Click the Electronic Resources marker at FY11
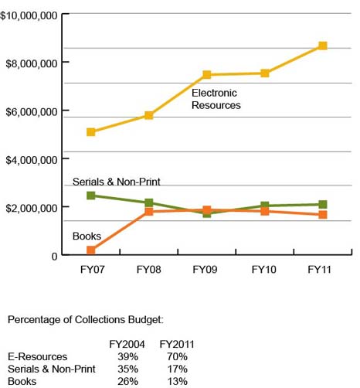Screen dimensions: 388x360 (322, 46)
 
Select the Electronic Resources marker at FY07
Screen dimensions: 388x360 (91, 132)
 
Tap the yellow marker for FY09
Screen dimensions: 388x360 (207, 75)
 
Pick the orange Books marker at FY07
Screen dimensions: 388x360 (91, 250)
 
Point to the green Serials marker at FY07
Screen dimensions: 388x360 (91, 196)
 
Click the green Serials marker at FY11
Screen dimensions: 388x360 (322, 205)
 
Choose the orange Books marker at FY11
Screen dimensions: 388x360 (322, 215)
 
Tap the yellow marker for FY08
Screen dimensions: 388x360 (149, 115)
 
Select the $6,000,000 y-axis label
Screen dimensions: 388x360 (32, 112)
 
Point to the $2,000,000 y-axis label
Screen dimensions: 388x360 (32, 208)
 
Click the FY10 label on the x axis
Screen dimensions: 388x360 (265, 270)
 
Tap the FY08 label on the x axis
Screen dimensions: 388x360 (149, 270)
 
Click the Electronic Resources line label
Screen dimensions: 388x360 (216, 99)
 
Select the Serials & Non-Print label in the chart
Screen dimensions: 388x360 (116, 182)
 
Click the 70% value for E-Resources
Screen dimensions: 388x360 (177, 356)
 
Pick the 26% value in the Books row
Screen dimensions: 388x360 (127, 381)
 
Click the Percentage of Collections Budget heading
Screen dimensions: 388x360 (86, 319)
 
